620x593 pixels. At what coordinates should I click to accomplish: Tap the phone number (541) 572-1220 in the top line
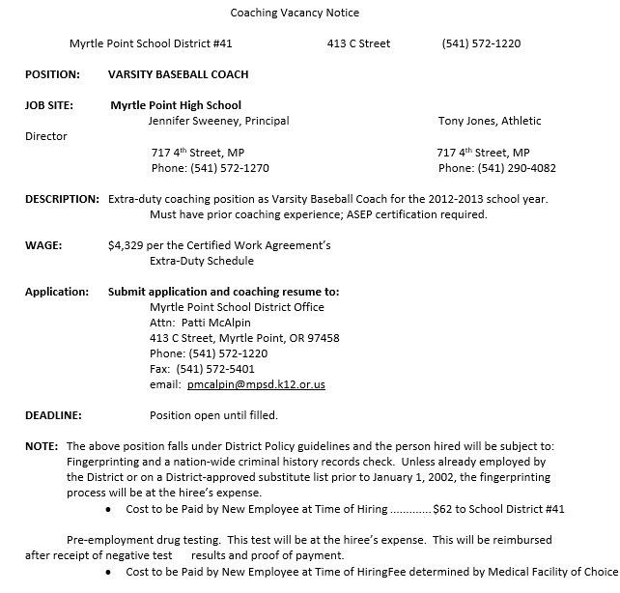pyautogui.click(x=481, y=43)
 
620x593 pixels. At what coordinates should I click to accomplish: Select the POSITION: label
pyautogui.click(x=52, y=74)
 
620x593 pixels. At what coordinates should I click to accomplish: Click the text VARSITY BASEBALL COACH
pyautogui.click(x=178, y=74)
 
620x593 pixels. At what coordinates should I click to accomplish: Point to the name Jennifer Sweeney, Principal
pyautogui.click(x=218, y=121)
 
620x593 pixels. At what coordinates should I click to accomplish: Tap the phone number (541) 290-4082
pyautogui.click(x=517, y=168)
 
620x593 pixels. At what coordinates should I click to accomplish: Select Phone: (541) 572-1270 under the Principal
pyautogui.click(x=210, y=168)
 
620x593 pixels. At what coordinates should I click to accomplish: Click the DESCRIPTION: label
pyautogui.click(x=62, y=199)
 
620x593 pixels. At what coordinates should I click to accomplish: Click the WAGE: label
pyautogui.click(x=43, y=245)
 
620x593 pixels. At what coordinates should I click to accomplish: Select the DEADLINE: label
pyautogui.click(x=53, y=415)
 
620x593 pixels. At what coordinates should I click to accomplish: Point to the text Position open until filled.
pyautogui.click(x=213, y=415)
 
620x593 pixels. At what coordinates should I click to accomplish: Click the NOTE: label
pyautogui.click(x=42, y=446)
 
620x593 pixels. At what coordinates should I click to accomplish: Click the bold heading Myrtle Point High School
pyautogui.click(x=175, y=105)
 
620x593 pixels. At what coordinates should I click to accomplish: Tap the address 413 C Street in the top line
pyautogui.click(x=358, y=43)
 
